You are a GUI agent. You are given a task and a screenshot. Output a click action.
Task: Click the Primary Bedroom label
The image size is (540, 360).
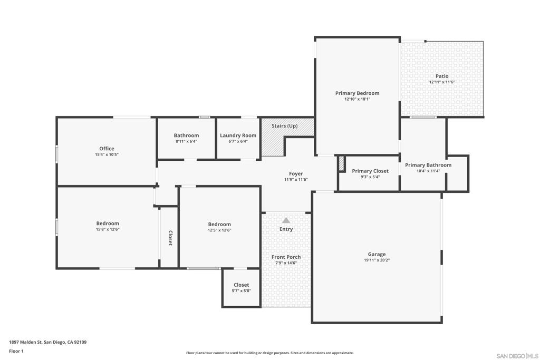tap(357, 93)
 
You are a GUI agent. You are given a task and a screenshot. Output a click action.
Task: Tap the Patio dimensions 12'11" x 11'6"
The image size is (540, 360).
tap(442, 82)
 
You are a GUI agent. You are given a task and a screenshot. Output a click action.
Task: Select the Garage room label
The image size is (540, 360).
tap(377, 255)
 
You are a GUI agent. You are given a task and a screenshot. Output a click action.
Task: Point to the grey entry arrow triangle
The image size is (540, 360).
tap(286, 220)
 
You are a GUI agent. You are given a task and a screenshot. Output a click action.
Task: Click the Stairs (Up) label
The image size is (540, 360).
tap(284, 126)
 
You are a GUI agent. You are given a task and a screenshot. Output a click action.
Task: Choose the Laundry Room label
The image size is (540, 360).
tap(238, 135)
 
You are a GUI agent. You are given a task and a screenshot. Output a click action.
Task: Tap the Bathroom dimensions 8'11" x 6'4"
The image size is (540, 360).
tap(186, 141)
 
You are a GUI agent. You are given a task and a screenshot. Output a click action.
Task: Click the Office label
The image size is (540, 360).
tap(107, 149)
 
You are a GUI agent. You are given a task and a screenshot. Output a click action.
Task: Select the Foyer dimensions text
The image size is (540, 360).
tap(296, 180)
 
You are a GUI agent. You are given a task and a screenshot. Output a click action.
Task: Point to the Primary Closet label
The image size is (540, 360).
tap(370, 171)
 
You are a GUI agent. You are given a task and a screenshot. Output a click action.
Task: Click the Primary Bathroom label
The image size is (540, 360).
tap(428, 165)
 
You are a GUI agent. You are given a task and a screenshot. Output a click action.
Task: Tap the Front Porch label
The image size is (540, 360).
tap(286, 257)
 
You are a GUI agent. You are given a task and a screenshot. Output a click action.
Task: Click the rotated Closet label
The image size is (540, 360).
tap(170, 238)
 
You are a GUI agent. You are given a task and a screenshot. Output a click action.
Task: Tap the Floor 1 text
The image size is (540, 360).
tap(16, 351)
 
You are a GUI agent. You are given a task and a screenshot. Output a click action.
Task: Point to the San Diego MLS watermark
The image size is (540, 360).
tap(517, 356)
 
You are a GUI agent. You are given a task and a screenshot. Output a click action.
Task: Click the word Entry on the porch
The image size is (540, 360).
tap(286, 229)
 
